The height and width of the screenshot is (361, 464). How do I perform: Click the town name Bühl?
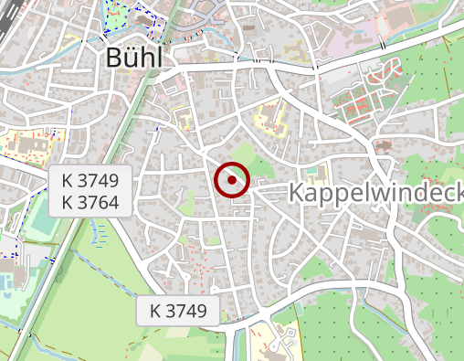[133, 57]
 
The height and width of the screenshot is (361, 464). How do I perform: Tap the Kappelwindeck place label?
[375, 193]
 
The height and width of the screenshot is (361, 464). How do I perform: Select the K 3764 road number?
[91, 202]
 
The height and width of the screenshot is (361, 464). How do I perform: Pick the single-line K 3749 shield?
[179, 311]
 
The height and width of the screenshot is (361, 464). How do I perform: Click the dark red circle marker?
[232, 180]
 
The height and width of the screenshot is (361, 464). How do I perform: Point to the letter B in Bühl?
[114, 57]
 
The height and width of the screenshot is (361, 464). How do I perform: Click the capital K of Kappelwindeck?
[299, 193]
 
